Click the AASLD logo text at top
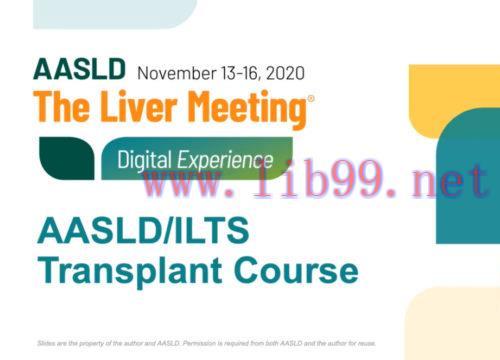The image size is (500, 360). pos(79,70)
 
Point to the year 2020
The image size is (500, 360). pos(284,72)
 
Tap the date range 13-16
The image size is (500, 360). pos(241,72)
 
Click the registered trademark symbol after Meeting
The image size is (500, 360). pos(309,99)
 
